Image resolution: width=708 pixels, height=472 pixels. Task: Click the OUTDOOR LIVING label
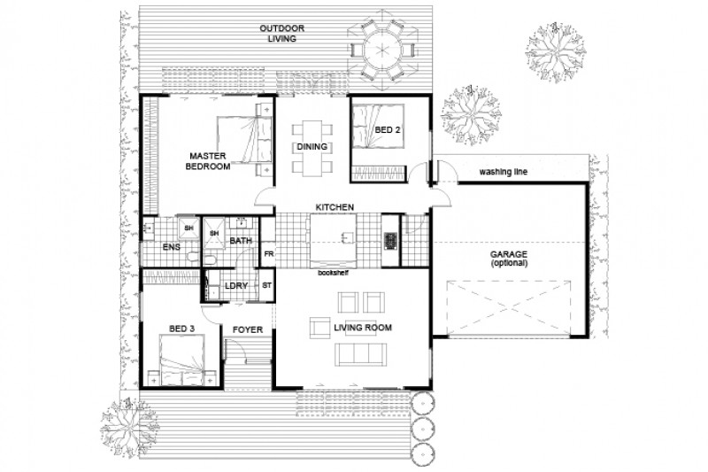click(282, 34)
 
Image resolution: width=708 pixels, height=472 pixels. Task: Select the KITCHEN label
click(336, 207)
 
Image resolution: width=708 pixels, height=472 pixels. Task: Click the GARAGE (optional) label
click(509, 259)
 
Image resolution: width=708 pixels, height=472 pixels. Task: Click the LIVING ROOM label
click(363, 329)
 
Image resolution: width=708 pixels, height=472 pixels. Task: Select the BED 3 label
click(182, 329)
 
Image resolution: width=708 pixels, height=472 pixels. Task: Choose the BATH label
click(241, 241)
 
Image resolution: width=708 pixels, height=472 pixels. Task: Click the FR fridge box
click(267, 255)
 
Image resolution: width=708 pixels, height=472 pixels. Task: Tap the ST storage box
click(267, 285)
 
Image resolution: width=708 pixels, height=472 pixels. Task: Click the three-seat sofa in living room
click(360, 355)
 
